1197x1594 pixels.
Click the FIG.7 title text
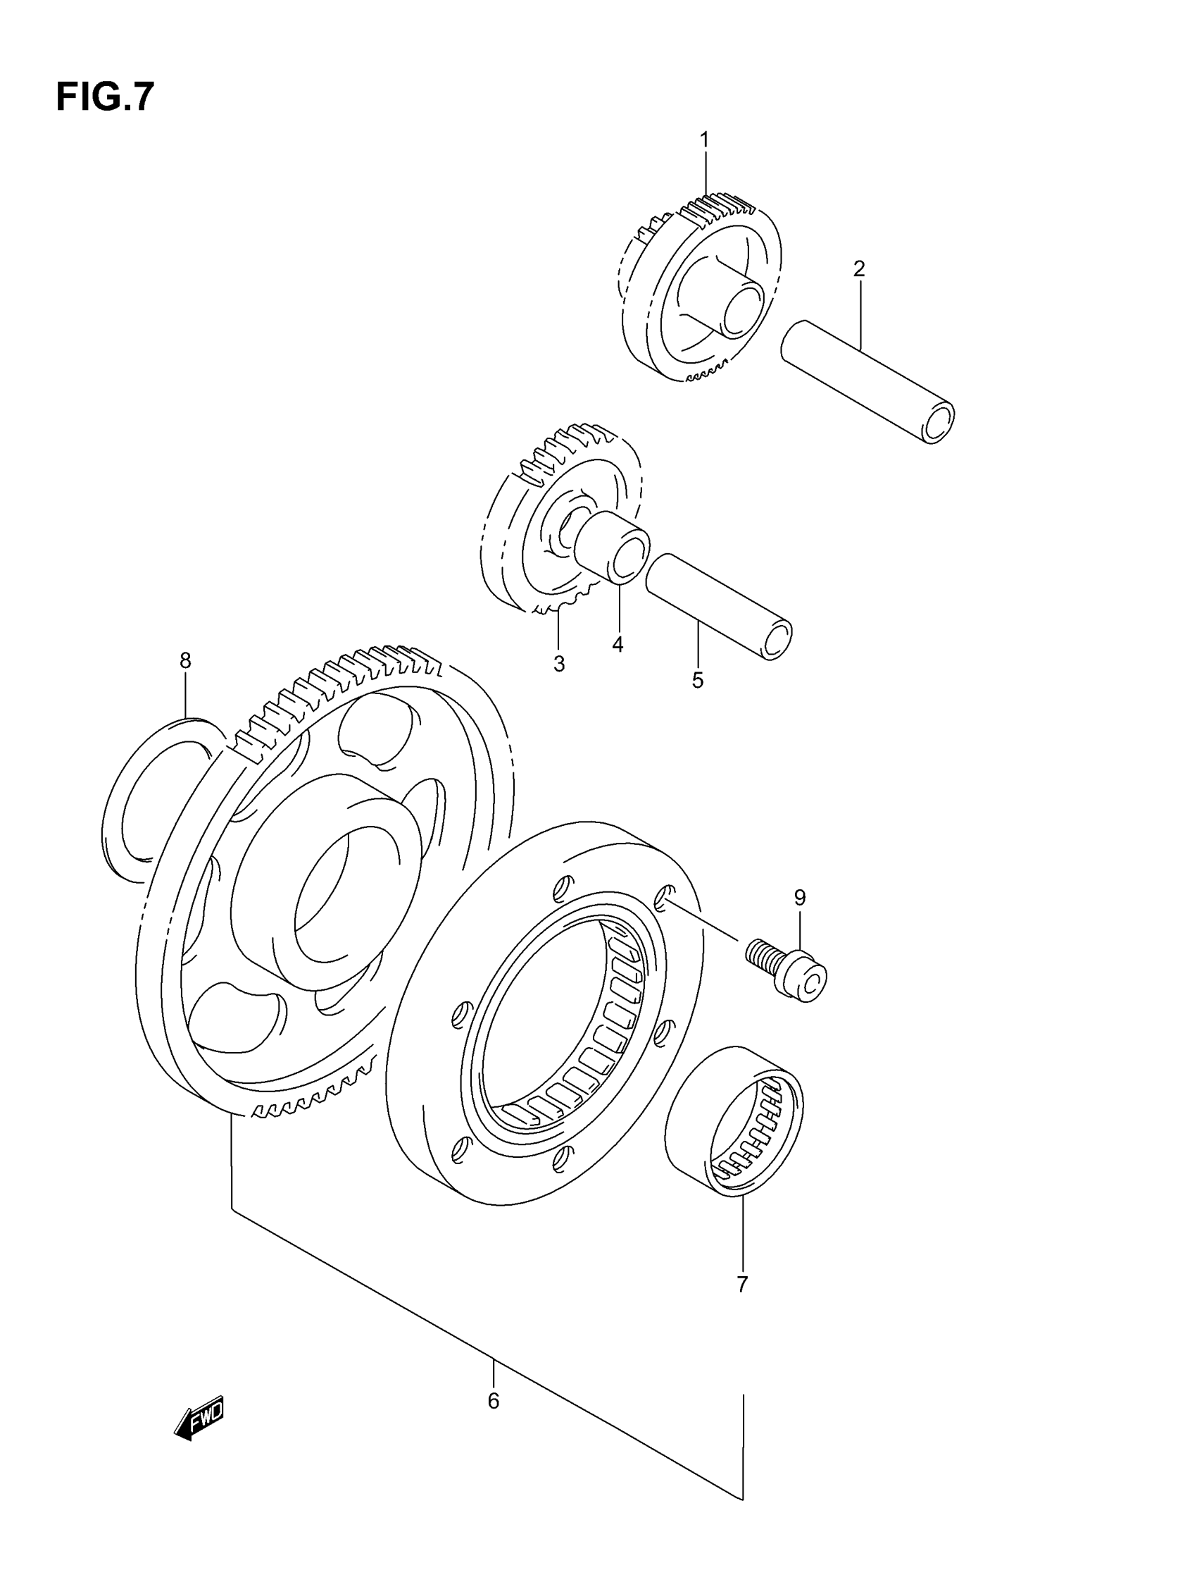(105, 97)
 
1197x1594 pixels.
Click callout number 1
(704, 139)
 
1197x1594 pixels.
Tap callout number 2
(858, 268)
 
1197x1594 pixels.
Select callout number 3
(559, 664)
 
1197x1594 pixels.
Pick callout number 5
(697, 680)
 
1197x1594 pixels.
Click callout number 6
(494, 1401)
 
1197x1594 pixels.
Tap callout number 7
(743, 1284)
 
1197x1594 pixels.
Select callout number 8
(185, 660)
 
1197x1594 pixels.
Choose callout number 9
(799, 897)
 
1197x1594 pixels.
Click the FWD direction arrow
(199, 1421)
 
